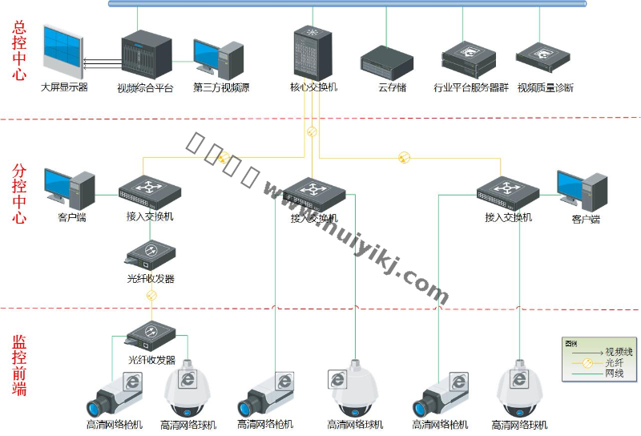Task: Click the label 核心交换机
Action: pyautogui.click(x=312, y=87)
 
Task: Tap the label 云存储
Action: pyautogui.click(x=392, y=87)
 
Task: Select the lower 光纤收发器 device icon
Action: pyautogui.click(x=150, y=335)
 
